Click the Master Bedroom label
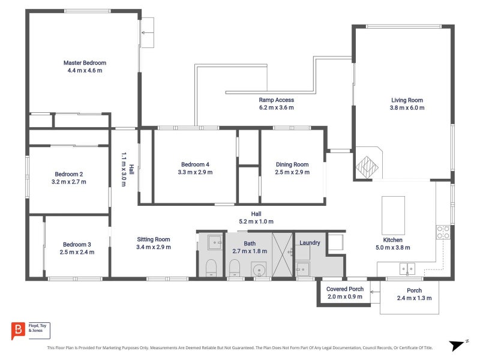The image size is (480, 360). pyautogui.click(x=85, y=63)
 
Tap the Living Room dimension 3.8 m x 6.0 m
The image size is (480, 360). pyautogui.click(x=407, y=108)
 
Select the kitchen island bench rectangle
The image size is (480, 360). pyautogui.click(x=393, y=215)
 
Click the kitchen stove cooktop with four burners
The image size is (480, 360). pyautogui.click(x=443, y=232)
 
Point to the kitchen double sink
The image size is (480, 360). pyautogui.click(x=407, y=269)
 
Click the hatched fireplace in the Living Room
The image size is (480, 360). pyautogui.click(x=367, y=167)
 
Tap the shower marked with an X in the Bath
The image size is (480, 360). pyautogui.click(x=282, y=254)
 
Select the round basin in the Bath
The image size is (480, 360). pyautogui.click(x=259, y=271)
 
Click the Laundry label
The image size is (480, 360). pyautogui.click(x=310, y=243)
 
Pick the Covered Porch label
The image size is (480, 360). pyautogui.click(x=344, y=289)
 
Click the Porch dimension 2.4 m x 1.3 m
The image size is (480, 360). pyautogui.click(x=414, y=298)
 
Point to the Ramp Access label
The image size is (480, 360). pyautogui.click(x=276, y=100)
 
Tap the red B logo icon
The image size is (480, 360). pyautogui.click(x=18, y=331)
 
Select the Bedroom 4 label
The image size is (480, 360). pyautogui.click(x=195, y=164)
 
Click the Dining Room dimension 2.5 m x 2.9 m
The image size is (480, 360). pyautogui.click(x=292, y=172)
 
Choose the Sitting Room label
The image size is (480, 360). pyautogui.click(x=154, y=239)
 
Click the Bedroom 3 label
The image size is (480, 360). pyautogui.click(x=77, y=245)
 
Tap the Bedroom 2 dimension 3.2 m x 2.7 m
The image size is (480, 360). pyautogui.click(x=69, y=182)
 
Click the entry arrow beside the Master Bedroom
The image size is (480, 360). pyautogui.click(x=147, y=32)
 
